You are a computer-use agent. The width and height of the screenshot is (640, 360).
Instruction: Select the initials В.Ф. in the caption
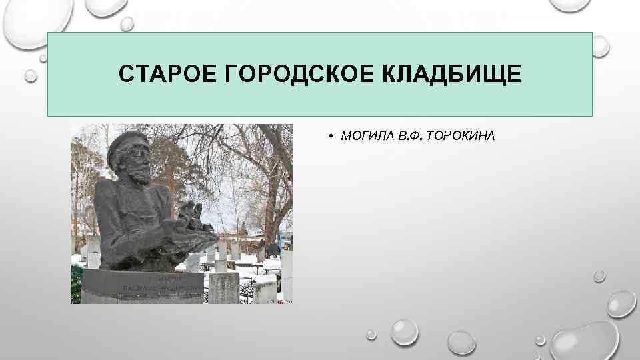[411, 137]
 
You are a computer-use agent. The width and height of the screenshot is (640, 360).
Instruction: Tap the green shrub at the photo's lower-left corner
[77, 283]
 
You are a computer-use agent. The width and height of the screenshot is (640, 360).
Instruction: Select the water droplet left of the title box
[31, 75]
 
